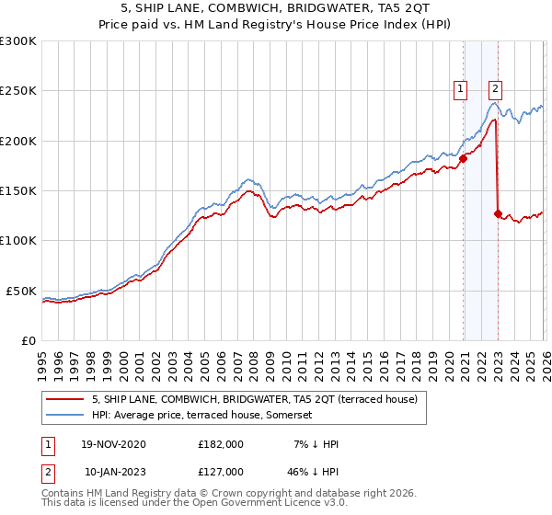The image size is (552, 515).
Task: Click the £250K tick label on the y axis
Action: pyautogui.click(x=17, y=91)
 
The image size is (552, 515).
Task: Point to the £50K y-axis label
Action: pyautogui.click(x=20, y=291)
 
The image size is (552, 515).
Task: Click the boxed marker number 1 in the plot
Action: pyautogui.click(x=460, y=89)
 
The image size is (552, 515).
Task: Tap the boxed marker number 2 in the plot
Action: pyautogui.click(x=495, y=89)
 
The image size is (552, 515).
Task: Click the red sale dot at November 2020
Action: pyautogui.click(x=463, y=158)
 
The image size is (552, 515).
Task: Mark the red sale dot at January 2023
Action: pyautogui.click(x=498, y=213)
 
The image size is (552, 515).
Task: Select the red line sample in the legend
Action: pyautogui.click(x=66, y=399)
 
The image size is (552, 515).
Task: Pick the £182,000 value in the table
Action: pyautogui.click(x=221, y=444)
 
